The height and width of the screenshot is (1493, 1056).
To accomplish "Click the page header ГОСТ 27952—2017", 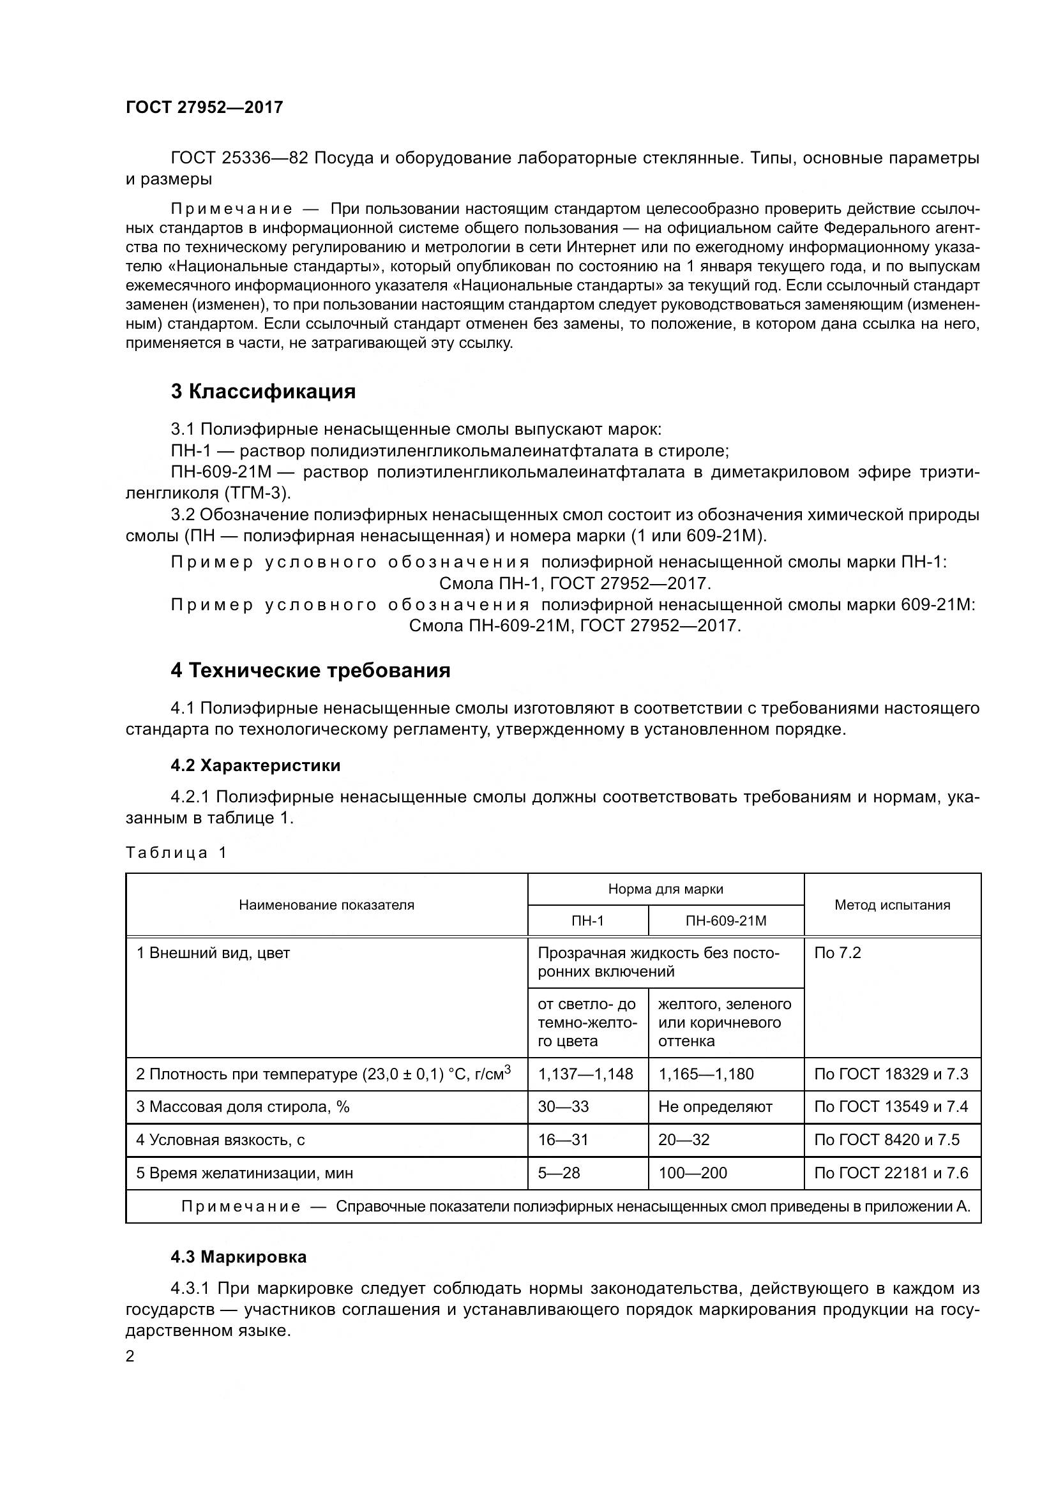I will tap(204, 107).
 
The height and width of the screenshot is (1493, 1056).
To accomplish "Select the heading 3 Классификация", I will tap(263, 391).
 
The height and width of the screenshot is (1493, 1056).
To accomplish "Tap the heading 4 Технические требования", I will tap(310, 670).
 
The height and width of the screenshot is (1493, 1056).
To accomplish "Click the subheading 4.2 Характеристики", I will tap(255, 765).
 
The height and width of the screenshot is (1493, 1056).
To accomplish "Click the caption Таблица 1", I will tap(176, 853).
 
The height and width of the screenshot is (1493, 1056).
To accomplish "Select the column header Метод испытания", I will tap(892, 904).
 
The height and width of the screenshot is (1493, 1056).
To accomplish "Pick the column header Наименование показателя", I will tap(326, 904).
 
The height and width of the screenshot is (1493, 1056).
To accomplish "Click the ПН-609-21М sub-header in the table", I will tap(726, 921).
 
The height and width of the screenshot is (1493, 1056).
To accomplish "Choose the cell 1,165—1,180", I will tap(706, 1074).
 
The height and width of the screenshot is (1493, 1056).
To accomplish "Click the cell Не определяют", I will tap(715, 1107).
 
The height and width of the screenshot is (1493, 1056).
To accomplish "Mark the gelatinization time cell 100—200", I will tap(693, 1173).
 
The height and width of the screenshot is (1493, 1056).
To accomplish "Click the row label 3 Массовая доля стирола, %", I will tap(243, 1107).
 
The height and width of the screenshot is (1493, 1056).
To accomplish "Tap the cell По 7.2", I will tap(838, 953).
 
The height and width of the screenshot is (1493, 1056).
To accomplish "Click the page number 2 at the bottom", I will tap(130, 1357).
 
